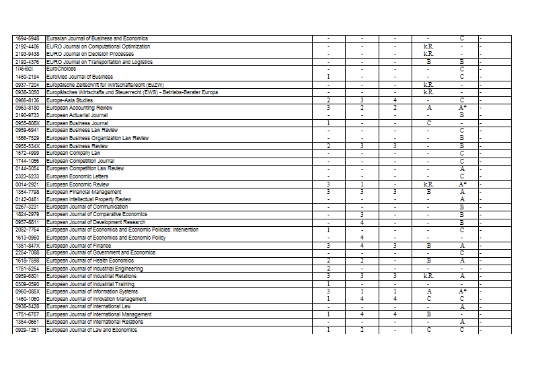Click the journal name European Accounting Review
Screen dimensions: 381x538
point(79,108)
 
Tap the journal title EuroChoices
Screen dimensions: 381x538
point(61,69)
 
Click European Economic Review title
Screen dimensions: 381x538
point(77,184)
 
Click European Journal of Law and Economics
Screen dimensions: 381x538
point(91,330)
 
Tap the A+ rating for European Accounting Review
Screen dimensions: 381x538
point(463,108)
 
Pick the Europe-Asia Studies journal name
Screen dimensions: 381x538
point(69,100)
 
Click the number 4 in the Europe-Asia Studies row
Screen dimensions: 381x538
point(395,100)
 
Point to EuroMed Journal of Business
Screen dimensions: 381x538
point(79,77)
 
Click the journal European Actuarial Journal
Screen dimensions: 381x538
point(78,115)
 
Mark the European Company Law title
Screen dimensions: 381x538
point(73,153)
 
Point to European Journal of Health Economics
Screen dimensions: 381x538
point(90,261)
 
